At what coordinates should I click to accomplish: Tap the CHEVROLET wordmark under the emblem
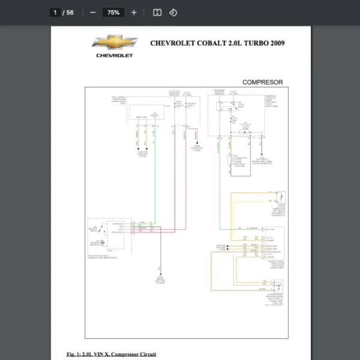coord(114,56)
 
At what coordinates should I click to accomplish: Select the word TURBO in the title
coord(251,43)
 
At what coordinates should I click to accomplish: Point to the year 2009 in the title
coord(277,43)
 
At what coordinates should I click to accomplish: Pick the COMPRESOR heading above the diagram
coord(262,82)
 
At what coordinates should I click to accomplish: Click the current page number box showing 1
coord(55,12)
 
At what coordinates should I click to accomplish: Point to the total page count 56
coord(70,12)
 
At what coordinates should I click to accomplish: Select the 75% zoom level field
coord(113,12)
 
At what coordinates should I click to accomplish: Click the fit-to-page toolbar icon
coord(157,12)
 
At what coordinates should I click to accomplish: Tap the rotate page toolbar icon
coord(173,12)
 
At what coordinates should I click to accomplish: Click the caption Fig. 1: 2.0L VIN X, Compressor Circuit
coord(111,354)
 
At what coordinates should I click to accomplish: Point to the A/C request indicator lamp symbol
coord(101,242)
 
